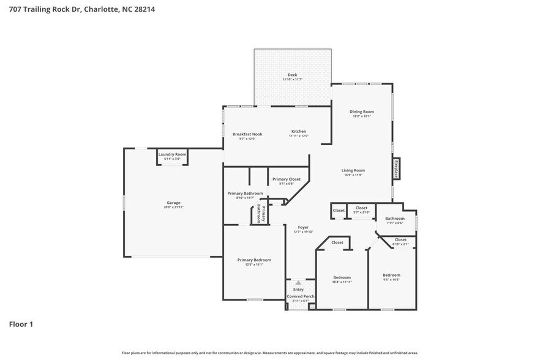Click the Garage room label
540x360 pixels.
174,203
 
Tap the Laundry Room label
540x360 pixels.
172,154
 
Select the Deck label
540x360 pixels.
293,75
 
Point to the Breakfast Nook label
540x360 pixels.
247,134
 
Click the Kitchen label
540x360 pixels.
299,132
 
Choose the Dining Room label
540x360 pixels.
361,111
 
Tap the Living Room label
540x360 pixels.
353,170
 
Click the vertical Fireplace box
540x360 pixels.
396,168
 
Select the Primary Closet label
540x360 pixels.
287,179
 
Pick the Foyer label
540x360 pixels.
303,227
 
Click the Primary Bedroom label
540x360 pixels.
254,260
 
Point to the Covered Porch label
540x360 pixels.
301,296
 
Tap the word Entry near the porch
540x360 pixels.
298,289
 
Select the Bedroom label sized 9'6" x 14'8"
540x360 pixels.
391,275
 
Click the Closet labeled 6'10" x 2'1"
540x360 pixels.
400,239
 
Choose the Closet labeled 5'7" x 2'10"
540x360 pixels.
361,208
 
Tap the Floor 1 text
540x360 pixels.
20,324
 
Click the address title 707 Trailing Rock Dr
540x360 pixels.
77,9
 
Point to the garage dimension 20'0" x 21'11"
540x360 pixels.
174,208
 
